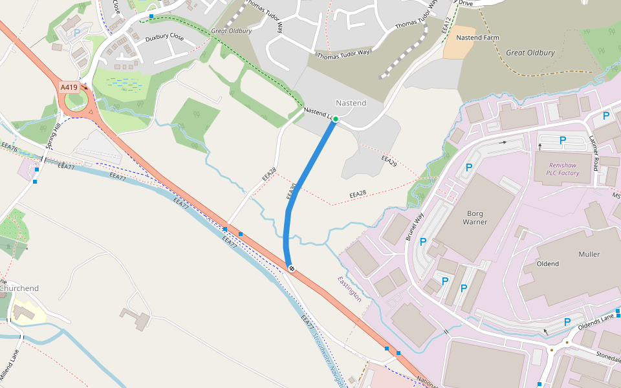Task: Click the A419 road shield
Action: point(69,87)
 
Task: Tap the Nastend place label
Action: point(351,103)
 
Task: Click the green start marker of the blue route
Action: point(336,119)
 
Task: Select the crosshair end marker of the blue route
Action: point(292,268)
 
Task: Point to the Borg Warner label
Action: point(475,217)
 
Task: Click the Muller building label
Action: point(589,254)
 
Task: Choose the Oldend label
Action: point(548,264)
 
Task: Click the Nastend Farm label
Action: point(477,38)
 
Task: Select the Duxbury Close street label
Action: point(164,39)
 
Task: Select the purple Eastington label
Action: point(349,288)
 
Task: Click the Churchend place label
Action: point(20,288)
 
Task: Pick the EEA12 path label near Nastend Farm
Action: point(445,24)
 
